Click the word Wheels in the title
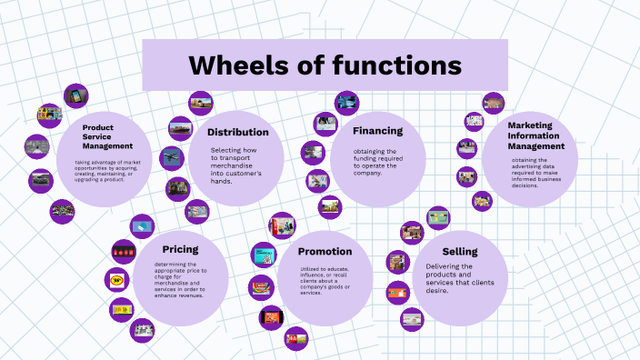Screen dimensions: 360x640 (232, 65)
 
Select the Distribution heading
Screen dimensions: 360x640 (237, 132)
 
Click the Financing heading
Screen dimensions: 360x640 (377, 131)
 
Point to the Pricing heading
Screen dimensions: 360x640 (180, 249)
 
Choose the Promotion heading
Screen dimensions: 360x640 (325, 251)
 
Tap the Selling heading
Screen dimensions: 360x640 (459, 250)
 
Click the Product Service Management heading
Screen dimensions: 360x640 (107, 136)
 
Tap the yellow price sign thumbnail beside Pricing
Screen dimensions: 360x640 (116, 280)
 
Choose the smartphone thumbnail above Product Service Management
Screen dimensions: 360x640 (76, 95)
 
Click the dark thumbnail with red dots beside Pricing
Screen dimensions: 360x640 (123, 251)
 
